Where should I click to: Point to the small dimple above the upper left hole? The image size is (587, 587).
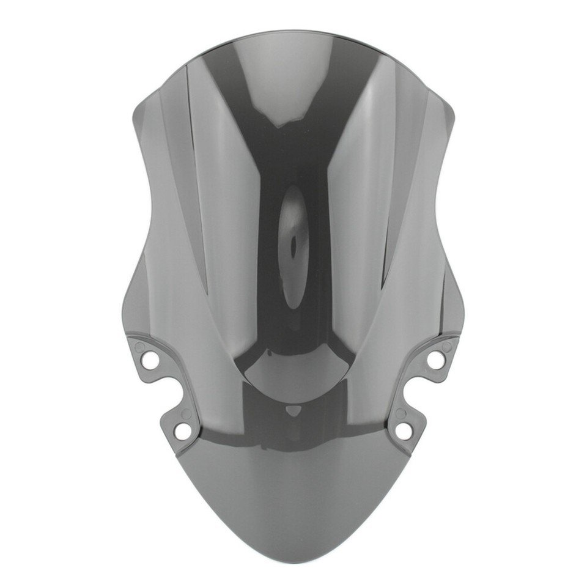[x=140, y=347]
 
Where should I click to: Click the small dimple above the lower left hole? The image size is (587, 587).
[x=186, y=414]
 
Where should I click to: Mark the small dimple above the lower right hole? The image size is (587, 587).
[x=400, y=413]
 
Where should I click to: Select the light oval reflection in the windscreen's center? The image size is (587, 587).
[x=293, y=251]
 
